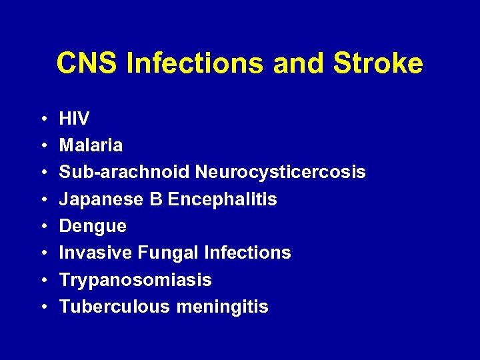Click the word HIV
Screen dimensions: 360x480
(x=74, y=119)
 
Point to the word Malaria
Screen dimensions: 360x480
(x=91, y=145)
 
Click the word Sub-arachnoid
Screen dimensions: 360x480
(x=125, y=172)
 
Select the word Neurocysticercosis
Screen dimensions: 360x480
(x=280, y=172)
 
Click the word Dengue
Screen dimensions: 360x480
(x=93, y=227)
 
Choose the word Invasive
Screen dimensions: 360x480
(x=96, y=253)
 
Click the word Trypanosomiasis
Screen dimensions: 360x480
(x=135, y=280)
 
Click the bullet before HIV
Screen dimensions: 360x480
(x=42, y=119)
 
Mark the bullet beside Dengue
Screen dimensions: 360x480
(x=42, y=227)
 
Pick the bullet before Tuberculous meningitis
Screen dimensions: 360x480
(x=42, y=307)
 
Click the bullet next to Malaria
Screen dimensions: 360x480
(x=42, y=146)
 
